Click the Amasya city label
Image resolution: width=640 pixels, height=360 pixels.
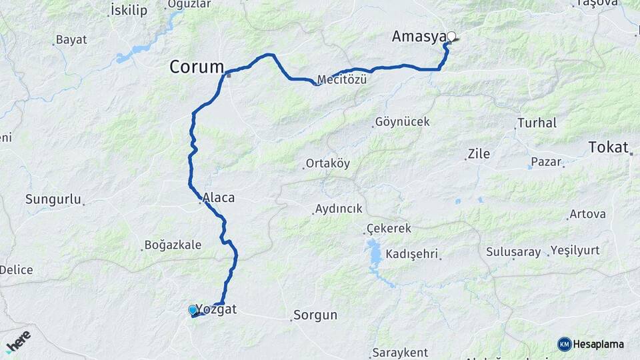(x=418, y=37)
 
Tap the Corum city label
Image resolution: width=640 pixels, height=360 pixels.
(x=197, y=67)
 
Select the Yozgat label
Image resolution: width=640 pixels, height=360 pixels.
(x=217, y=309)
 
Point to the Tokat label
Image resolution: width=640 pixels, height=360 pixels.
(x=609, y=147)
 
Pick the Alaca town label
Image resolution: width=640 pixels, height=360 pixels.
(x=219, y=197)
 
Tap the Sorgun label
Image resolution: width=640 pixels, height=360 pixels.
(x=315, y=315)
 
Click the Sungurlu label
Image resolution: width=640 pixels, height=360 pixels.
(x=53, y=199)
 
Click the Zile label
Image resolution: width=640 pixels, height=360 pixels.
(x=479, y=154)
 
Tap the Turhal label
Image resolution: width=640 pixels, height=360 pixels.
(x=537, y=123)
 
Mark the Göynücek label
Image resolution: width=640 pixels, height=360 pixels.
(x=403, y=122)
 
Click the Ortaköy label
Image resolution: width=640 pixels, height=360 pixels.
(x=327, y=163)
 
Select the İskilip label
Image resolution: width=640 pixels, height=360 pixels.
(x=129, y=10)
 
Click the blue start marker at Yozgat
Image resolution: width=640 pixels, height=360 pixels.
(x=193, y=310)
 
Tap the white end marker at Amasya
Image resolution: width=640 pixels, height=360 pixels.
(x=451, y=36)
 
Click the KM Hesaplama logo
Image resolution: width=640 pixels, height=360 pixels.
(x=591, y=344)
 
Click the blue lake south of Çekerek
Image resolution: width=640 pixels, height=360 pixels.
(x=374, y=254)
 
